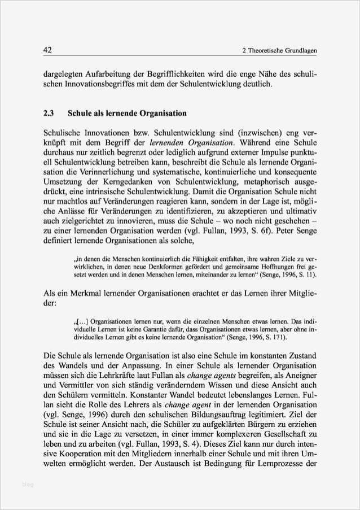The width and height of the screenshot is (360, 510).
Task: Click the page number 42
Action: tap(48, 51)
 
